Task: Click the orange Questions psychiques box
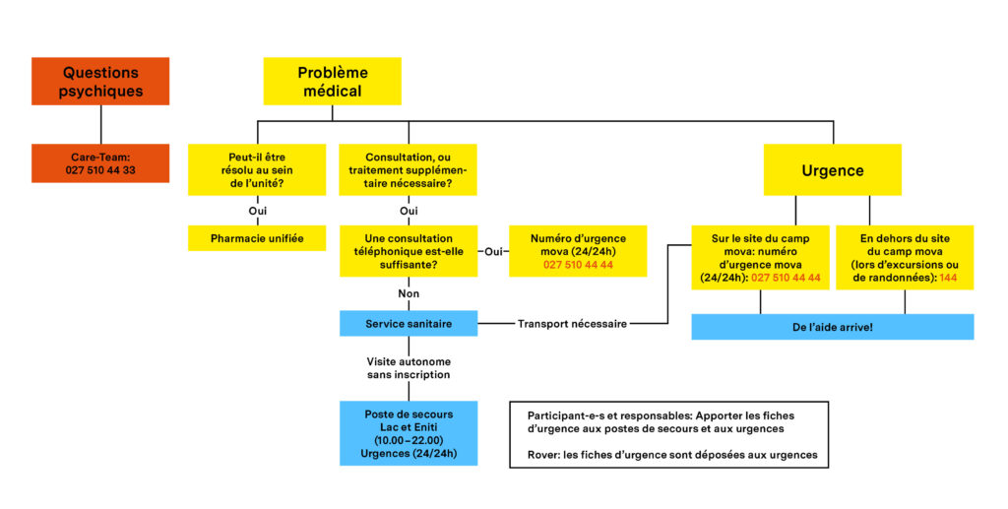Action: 100,81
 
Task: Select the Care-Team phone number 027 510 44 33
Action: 100,170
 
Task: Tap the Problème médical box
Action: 333,81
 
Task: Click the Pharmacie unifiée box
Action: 257,238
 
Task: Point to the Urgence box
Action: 833,170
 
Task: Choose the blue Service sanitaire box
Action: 409,324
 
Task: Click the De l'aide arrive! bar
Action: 833,327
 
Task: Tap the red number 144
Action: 948,278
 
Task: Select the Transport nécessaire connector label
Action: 572,324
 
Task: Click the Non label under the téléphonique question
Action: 409,293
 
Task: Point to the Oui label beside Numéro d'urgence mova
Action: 494,251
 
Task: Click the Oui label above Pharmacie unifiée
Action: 258,211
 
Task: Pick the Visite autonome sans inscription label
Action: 409,368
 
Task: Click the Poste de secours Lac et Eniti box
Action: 409,433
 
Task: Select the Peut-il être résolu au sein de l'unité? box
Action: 257,170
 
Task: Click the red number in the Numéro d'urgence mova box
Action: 578,265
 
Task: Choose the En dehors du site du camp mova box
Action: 905,258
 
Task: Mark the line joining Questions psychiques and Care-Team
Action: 101,125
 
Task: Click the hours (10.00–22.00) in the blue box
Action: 409,440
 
